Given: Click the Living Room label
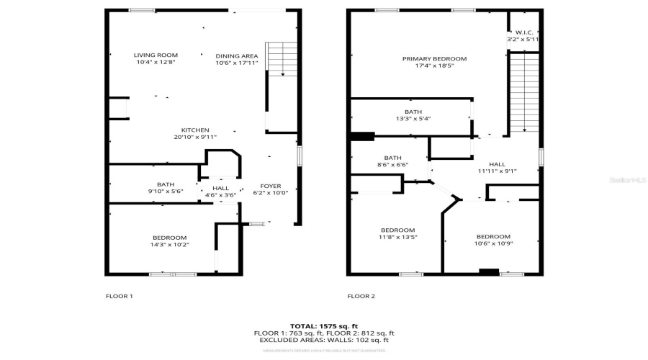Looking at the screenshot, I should pos(156,55).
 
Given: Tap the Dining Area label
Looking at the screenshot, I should pos(237,55).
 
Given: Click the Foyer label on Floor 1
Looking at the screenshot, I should pos(271,185).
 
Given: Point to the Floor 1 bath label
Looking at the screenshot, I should pos(166,184).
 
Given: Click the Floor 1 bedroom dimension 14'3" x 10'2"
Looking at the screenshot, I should pos(169,245).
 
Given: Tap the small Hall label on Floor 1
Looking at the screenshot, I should pos(220,189).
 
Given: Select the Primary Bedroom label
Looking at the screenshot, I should pos(434,58).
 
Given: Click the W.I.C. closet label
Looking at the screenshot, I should pos(522,32).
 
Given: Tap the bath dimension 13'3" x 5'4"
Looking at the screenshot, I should pos(413,119).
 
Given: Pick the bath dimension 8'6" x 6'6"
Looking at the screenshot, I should pos(392,164).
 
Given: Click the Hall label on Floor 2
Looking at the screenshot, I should pos(497,164).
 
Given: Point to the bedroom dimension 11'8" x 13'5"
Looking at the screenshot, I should pos(397,237).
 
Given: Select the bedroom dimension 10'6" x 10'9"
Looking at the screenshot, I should pos(493,243).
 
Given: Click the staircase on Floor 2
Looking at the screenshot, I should pos(524,94).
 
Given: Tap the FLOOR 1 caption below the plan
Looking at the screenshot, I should pos(119,296).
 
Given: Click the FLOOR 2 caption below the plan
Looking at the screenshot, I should pos(361,296).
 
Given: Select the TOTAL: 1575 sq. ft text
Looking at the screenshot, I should pos(323,326).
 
